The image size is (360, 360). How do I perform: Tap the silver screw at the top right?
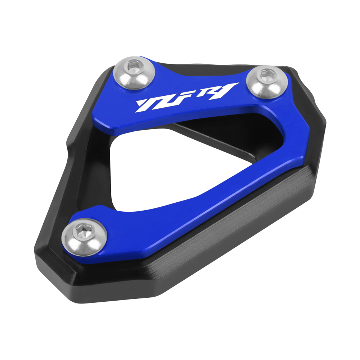point(267,81)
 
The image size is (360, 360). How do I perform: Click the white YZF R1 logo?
point(187,97)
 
